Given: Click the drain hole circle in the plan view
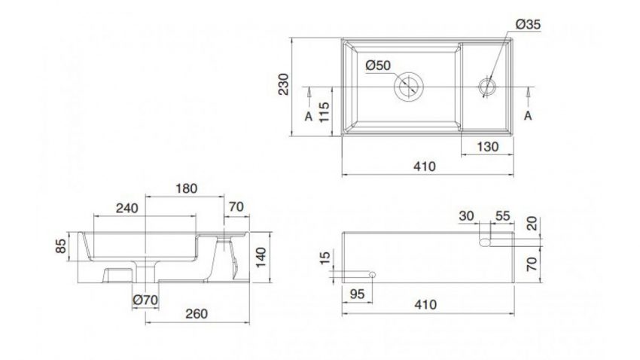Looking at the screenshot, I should click(409, 87).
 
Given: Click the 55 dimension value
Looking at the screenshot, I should click(502, 215).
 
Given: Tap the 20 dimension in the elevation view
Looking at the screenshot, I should click(534, 224).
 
